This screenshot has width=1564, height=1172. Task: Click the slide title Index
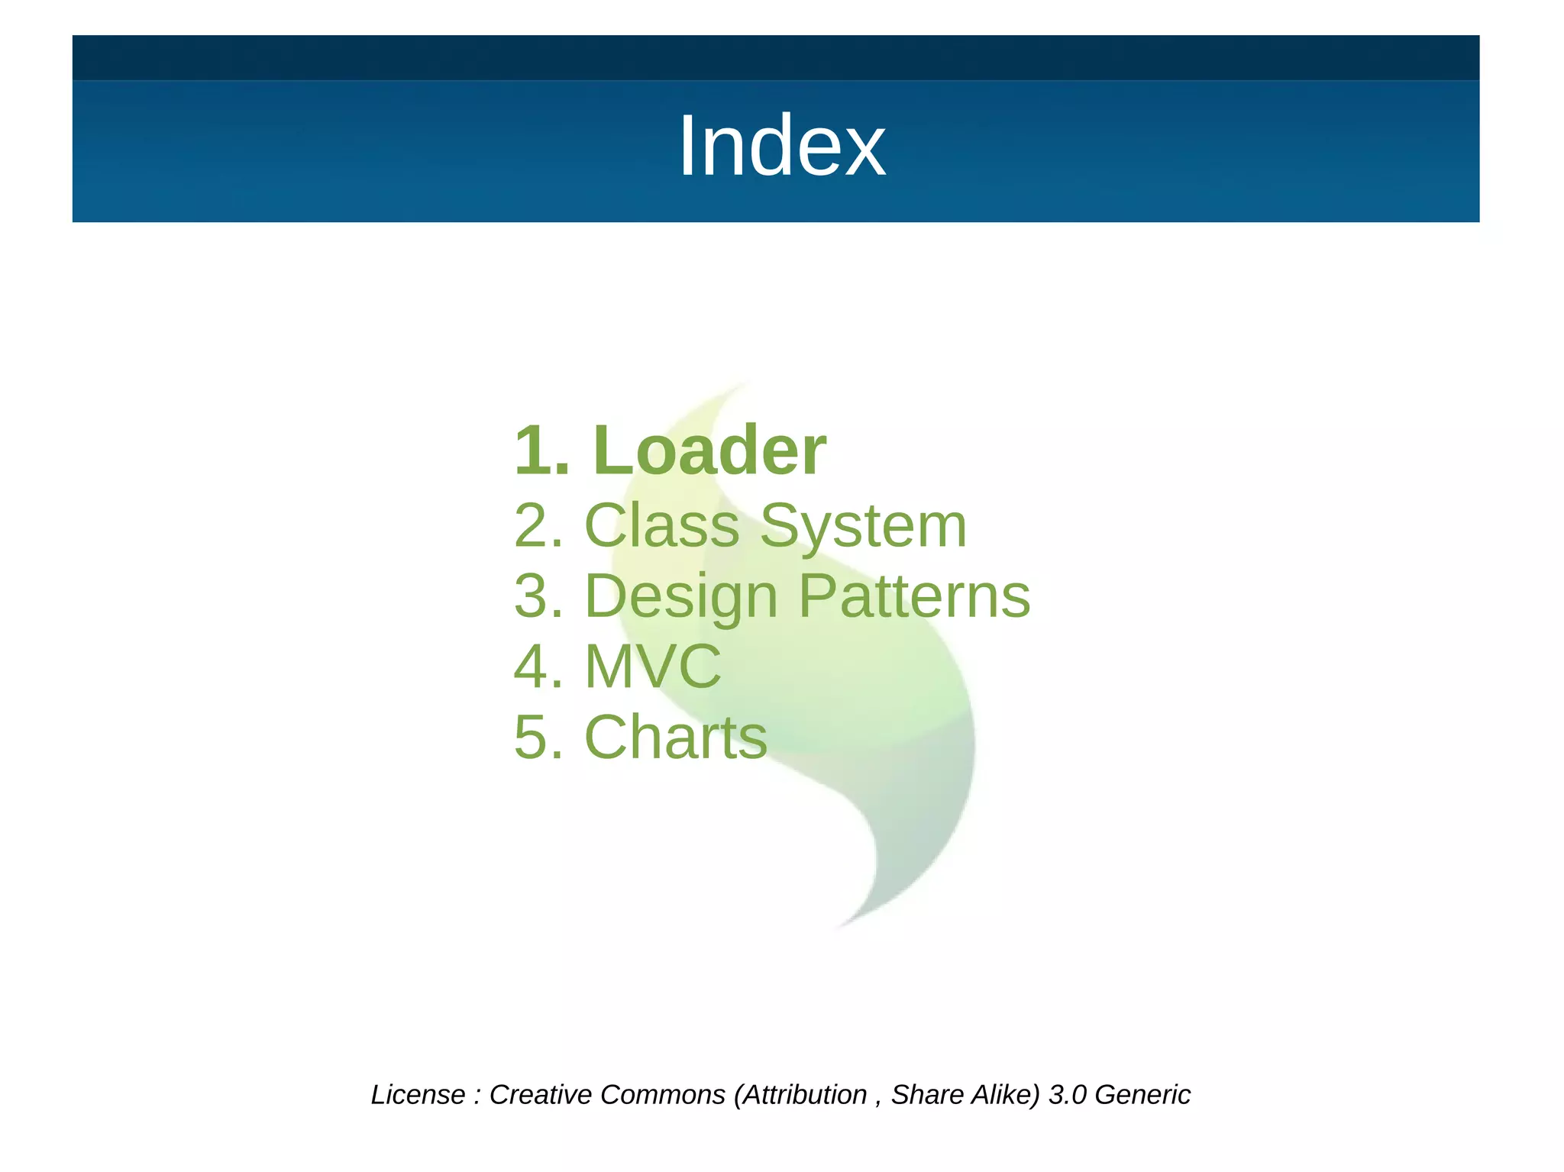(781, 146)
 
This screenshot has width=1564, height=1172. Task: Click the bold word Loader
(709, 450)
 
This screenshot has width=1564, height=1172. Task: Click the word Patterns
(914, 596)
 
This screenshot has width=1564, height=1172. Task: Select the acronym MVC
(653, 667)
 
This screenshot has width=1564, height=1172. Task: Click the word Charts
(676, 738)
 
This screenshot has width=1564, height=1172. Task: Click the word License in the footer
(418, 1095)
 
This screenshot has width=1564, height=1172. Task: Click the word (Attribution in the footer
(800, 1095)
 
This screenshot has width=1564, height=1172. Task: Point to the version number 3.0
(1067, 1095)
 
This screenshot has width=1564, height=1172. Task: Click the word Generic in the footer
(1142, 1095)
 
